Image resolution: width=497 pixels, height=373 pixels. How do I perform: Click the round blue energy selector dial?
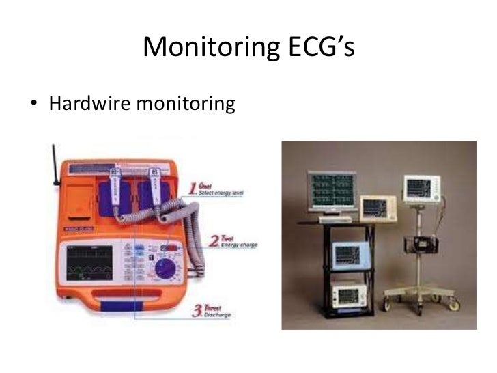click(x=165, y=270)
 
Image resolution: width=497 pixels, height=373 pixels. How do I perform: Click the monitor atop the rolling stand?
click(x=423, y=187)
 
